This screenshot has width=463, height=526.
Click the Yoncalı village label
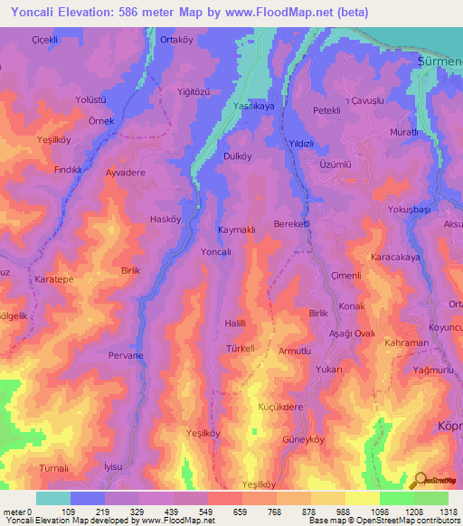point(216,252)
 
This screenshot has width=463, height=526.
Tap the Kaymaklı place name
point(237,230)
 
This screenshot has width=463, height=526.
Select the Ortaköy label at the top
point(177,40)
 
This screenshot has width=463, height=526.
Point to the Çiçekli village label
point(45,40)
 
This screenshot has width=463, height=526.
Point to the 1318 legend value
point(448,512)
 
